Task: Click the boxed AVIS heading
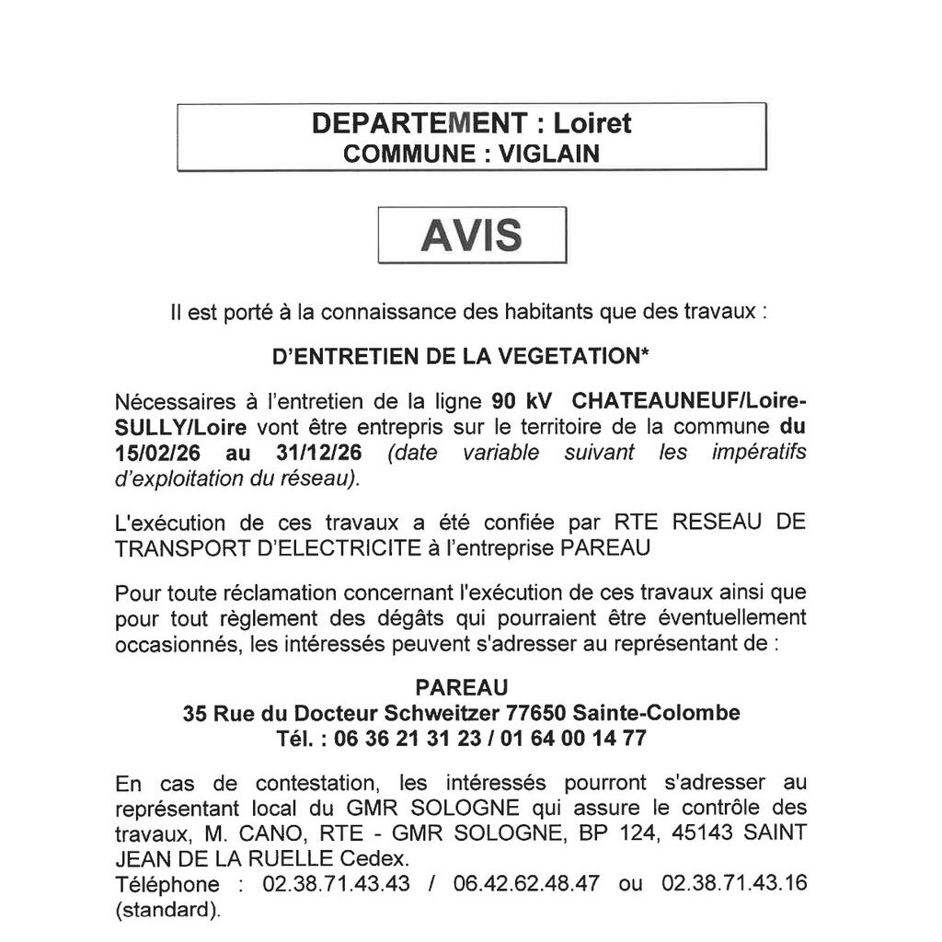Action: click(x=472, y=235)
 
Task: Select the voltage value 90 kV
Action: click(x=515, y=402)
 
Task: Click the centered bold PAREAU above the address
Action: click(x=461, y=687)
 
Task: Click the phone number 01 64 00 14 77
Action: click(x=573, y=738)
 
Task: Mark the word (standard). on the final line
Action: click(x=168, y=911)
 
